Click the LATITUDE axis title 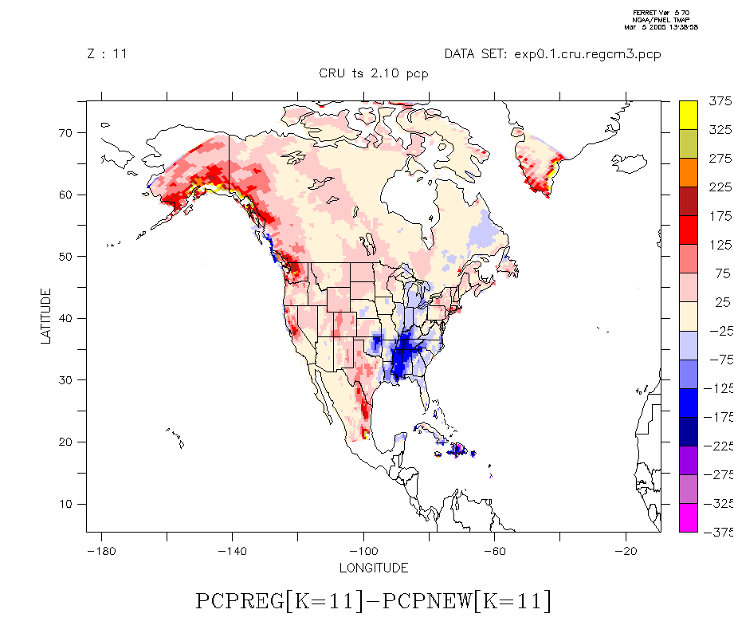45,316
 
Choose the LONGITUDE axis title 373,568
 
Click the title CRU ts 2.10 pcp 373,74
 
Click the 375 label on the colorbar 720,101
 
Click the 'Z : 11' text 107,54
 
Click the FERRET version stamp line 661,13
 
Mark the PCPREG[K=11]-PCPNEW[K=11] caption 373,600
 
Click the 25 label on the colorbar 723,302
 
